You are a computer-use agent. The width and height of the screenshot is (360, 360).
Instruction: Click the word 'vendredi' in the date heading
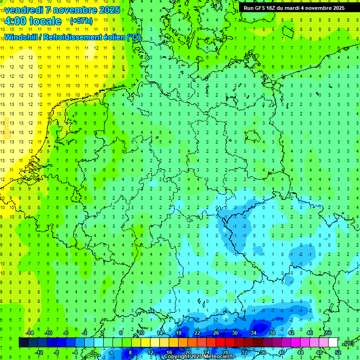pyautogui.click(x=25, y=10)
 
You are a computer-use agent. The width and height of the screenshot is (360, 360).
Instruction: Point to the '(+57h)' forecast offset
pyautogui.click(x=81, y=21)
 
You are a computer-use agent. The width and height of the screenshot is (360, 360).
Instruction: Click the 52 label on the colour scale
pyautogui.click(x=338, y=352)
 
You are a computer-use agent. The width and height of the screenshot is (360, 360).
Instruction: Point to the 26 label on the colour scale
pyautogui.click(x=216, y=333)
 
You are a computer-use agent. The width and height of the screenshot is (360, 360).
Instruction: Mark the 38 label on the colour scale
pyautogui.click(x=272, y=333)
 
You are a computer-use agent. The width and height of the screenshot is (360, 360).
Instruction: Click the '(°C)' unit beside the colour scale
pyautogui.click(x=348, y=343)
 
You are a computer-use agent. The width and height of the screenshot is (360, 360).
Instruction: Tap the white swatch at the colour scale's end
pyautogui.click(x=333, y=343)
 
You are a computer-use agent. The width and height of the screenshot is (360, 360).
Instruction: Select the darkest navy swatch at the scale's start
pyautogui.click(x=23, y=343)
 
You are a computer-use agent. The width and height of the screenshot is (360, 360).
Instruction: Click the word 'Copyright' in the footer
pyautogui.click(x=177, y=357)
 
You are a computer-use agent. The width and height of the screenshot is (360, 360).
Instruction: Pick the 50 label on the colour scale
pyautogui.click(x=329, y=333)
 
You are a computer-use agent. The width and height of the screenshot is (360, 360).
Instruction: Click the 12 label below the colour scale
pyautogui.click(x=150, y=352)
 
